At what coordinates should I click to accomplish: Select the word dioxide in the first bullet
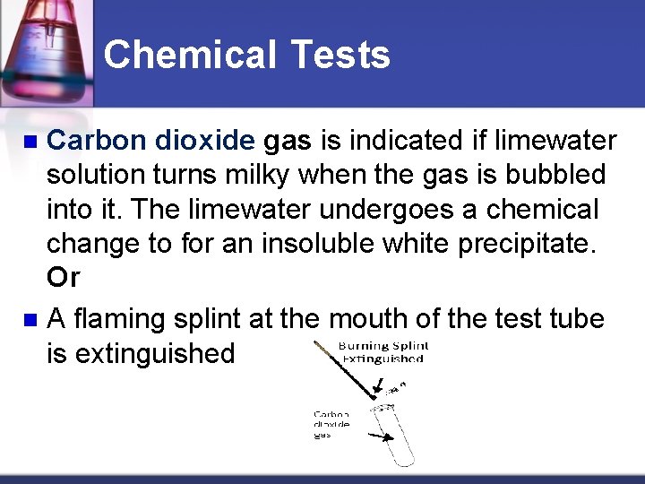coord(205,141)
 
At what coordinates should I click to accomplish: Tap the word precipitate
coord(518,244)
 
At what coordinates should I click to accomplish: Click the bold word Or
coord(64,278)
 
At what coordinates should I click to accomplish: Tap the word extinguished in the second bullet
coord(156,353)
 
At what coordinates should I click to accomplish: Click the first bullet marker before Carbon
coord(30,142)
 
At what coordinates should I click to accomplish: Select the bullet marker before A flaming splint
coord(30,319)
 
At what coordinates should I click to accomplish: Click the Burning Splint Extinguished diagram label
coord(383,352)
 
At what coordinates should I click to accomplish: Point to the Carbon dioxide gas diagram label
coord(331,424)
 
